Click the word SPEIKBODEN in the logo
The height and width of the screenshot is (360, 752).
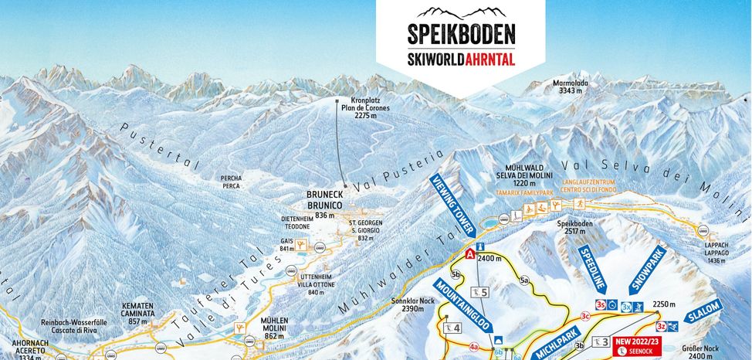tap(461, 35)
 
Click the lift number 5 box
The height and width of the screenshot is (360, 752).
tap(481, 292)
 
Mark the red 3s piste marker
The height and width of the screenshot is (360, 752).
tap(600, 305)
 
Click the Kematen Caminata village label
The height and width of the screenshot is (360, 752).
tap(139, 313)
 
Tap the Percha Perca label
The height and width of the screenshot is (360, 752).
tap(231, 182)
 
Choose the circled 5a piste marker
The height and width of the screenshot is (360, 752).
tap(525, 280)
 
